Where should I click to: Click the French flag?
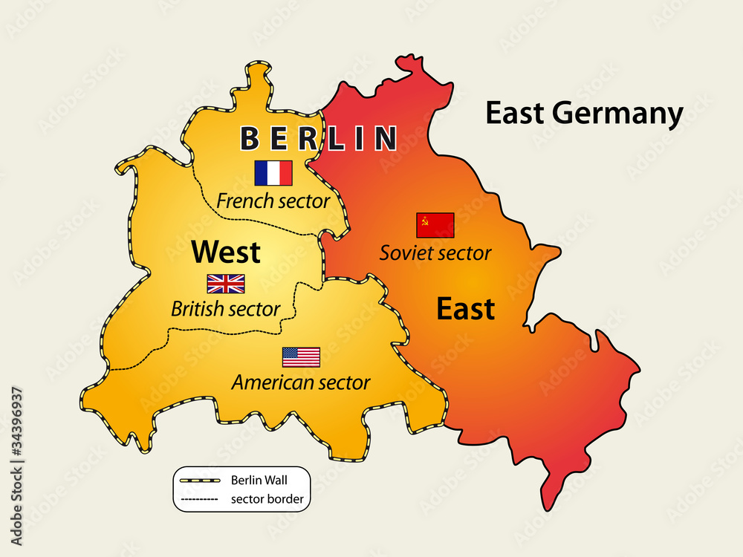[273, 173]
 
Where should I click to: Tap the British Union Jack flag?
[226, 284]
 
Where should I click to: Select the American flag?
[301, 357]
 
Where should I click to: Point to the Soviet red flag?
[435, 225]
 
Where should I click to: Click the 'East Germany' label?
[584, 114]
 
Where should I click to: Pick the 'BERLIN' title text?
[318, 138]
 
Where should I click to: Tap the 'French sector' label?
[273, 201]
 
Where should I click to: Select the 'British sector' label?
[225, 308]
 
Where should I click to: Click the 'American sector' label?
[301, 382]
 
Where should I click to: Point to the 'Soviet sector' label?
[435, 253]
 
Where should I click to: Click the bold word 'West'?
[226, 253]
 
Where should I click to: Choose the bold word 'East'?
[465, 309]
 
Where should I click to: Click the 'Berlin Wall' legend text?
[259, 480]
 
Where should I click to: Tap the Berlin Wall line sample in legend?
[198, 481]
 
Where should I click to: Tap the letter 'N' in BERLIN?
[385, 138]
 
